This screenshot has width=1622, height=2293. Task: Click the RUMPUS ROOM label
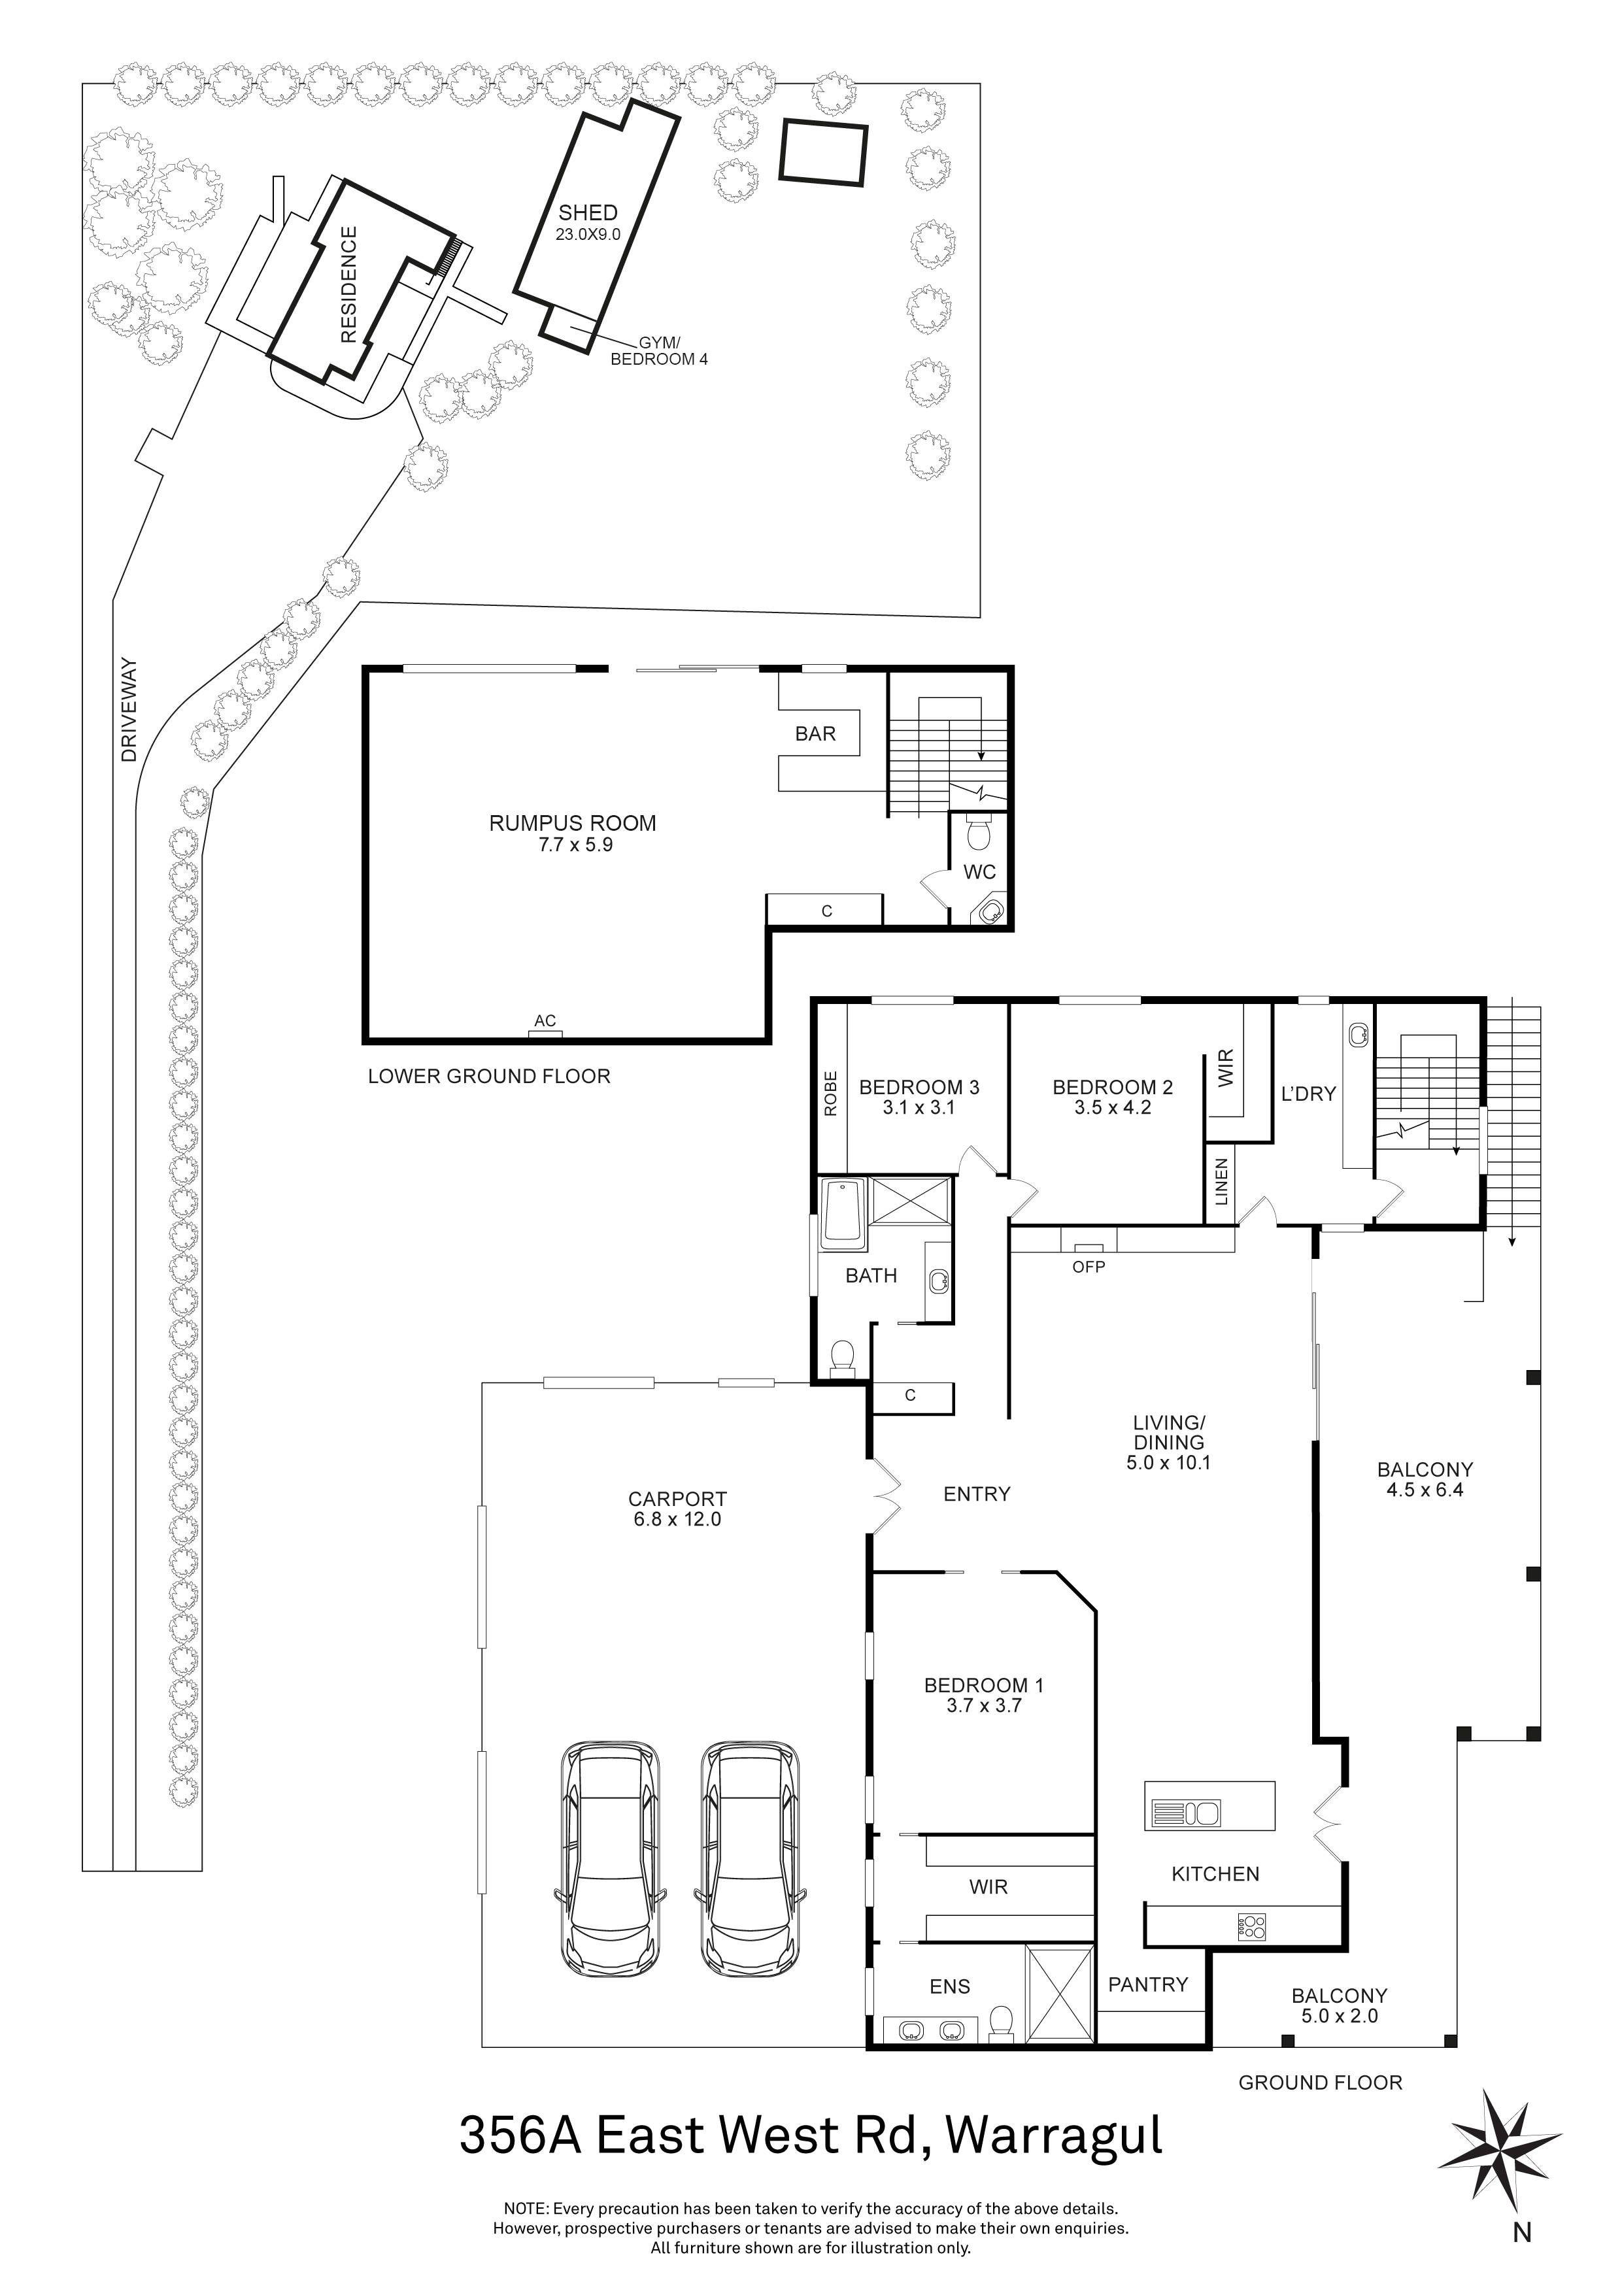click(572, 824)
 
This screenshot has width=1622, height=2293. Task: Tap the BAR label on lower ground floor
click(815, 734)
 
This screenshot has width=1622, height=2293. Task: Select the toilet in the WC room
click(979, 830)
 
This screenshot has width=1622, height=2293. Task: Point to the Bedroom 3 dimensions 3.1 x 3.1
click(918, 1107)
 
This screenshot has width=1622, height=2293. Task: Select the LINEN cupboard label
click(1221, 1182)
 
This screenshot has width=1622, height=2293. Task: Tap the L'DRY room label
click(1308, 1094)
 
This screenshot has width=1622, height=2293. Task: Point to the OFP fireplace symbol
click(1088, 1248)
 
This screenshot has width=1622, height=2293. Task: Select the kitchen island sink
click(1185, 1813)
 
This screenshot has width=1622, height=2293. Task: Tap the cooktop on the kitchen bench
click(1251, 1926)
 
